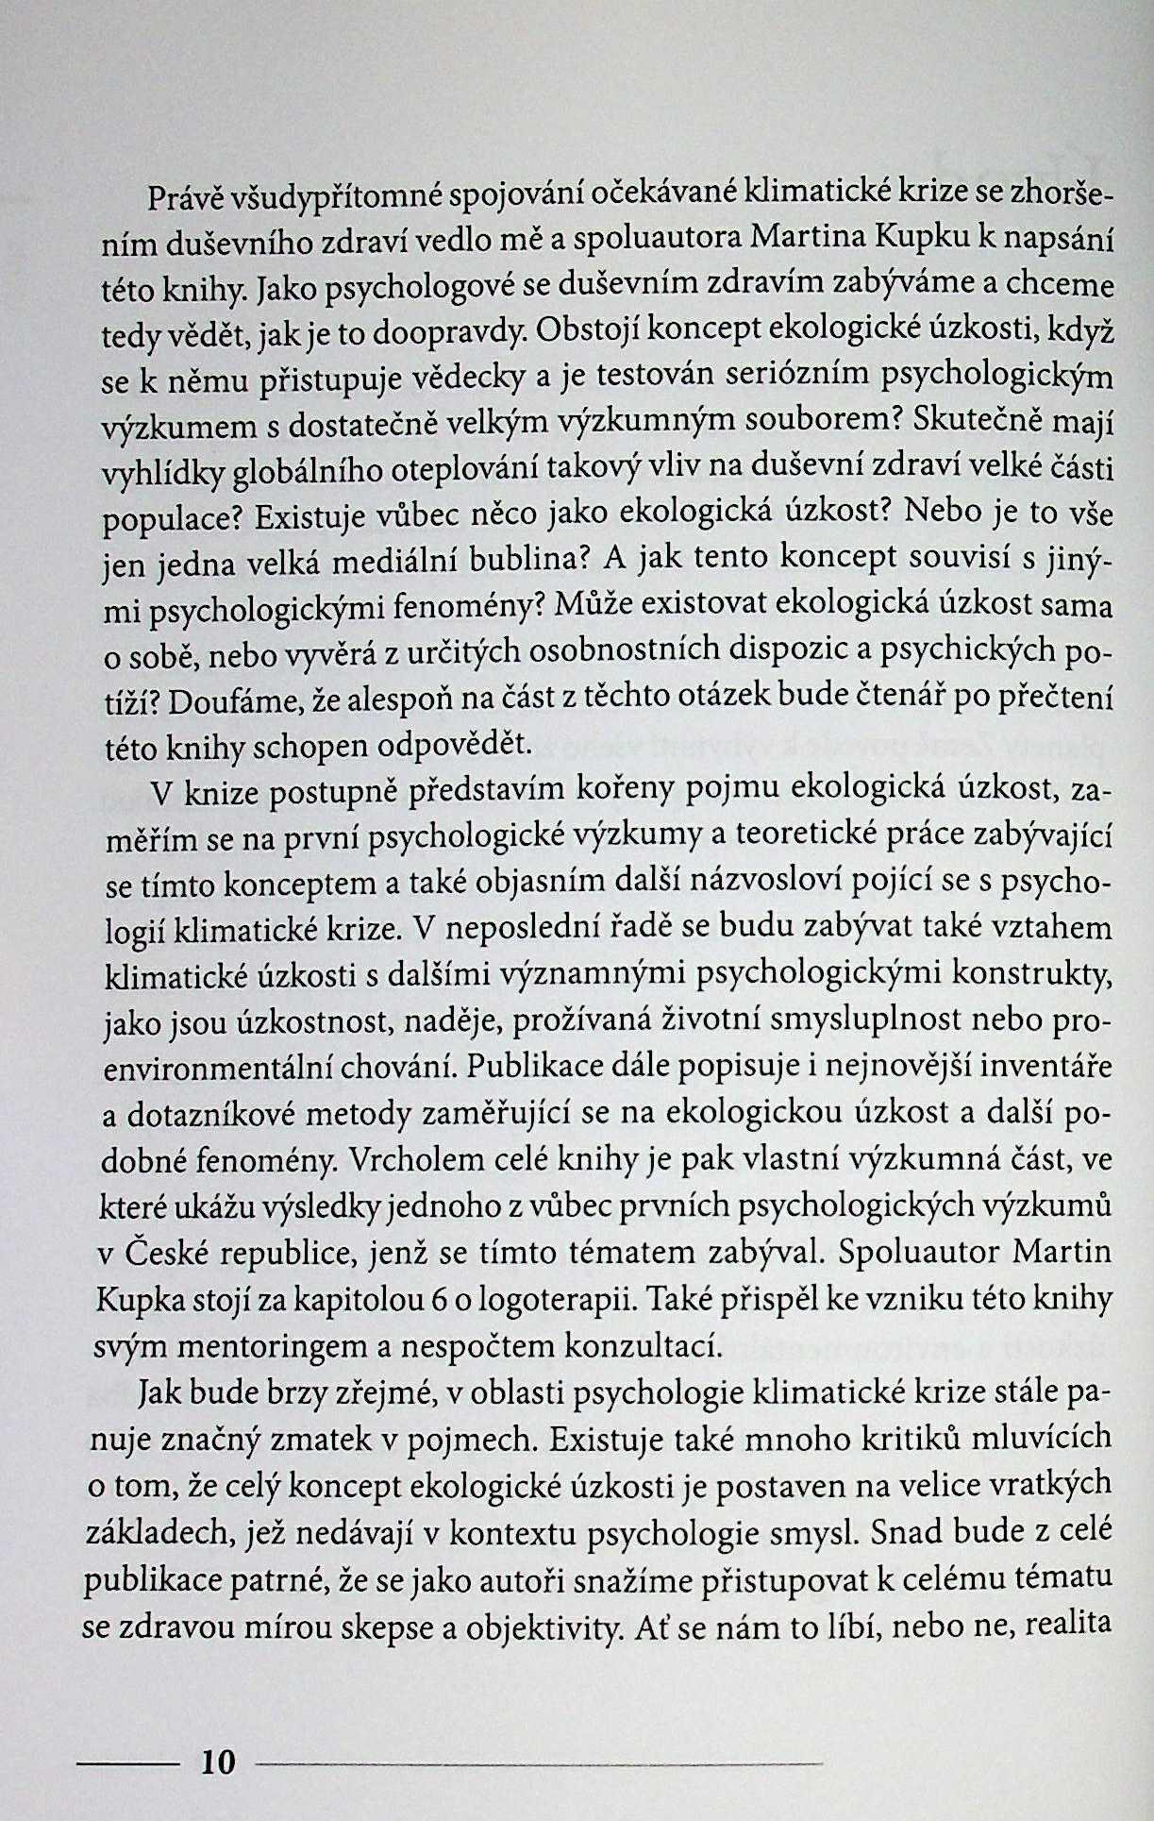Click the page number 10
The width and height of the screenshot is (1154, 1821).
[218, 1762]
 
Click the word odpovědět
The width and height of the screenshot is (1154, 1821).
[452, 745]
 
